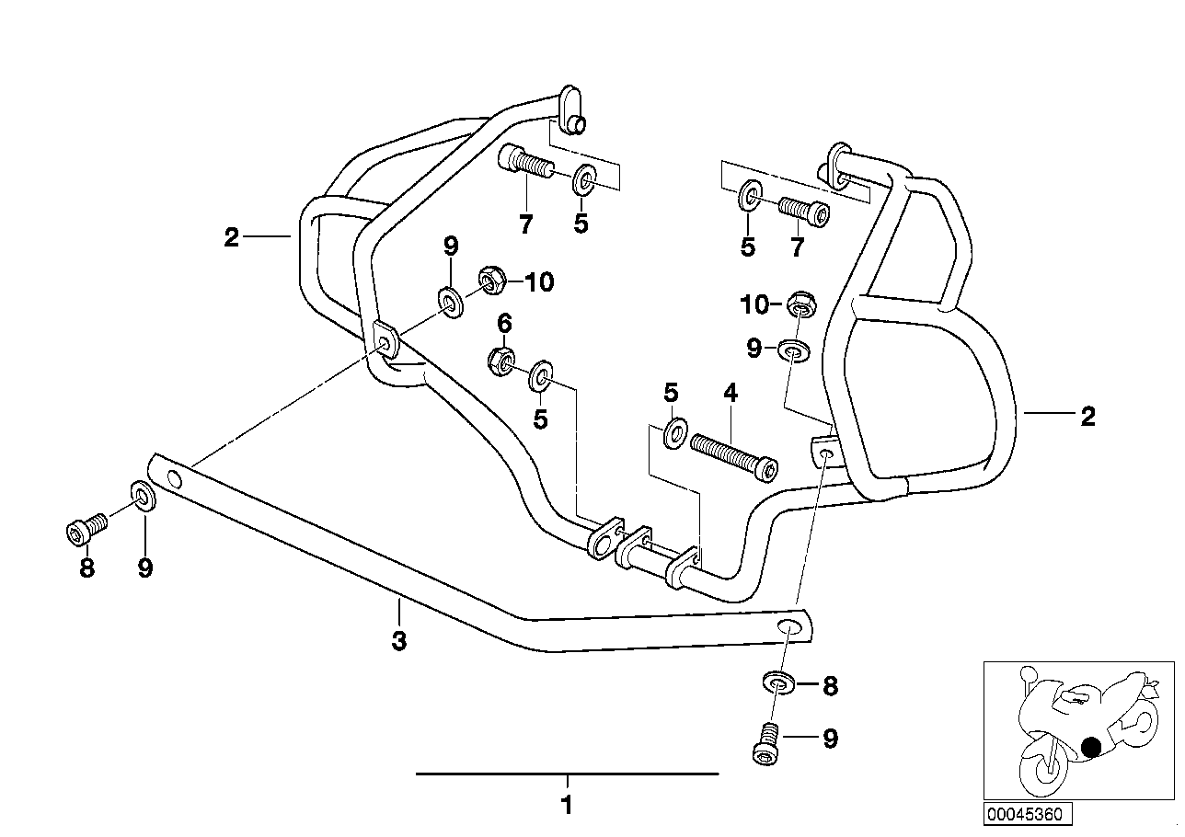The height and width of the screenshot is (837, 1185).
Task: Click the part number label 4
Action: [730, 395]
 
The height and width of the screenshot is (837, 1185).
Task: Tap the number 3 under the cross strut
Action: [398, 641]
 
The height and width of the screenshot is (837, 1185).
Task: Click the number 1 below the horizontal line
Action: [567, 805]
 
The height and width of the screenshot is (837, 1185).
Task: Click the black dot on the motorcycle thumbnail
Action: [1092, 748]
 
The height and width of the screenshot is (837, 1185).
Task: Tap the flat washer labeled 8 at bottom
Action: [778, 683]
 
